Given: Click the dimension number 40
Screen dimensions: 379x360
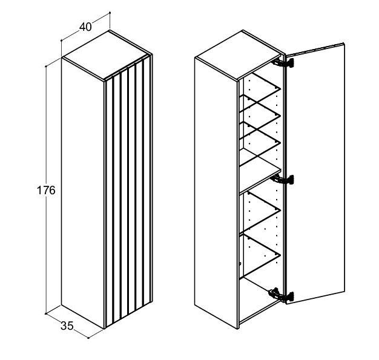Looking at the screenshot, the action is [85, 27].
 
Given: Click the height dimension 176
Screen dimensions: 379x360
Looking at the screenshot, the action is [46, 191].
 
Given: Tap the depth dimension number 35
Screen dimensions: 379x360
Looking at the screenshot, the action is [67, 326].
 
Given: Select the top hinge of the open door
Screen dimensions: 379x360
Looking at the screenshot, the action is [283, 63].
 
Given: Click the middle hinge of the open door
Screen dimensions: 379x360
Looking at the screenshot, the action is [282, 180].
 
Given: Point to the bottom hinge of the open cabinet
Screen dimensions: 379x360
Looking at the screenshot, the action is [281, 295].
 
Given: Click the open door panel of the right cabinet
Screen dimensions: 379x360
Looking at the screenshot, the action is [315, 173].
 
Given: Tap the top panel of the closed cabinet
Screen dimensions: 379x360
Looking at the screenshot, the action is [107, 56].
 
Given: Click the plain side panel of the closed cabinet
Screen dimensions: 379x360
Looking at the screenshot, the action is [83, 193].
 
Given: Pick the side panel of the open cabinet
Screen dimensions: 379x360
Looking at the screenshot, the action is [216, 193].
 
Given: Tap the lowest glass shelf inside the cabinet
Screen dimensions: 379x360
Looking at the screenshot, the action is [260, 256].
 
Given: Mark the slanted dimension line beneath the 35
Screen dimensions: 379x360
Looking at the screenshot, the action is [67, 326].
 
